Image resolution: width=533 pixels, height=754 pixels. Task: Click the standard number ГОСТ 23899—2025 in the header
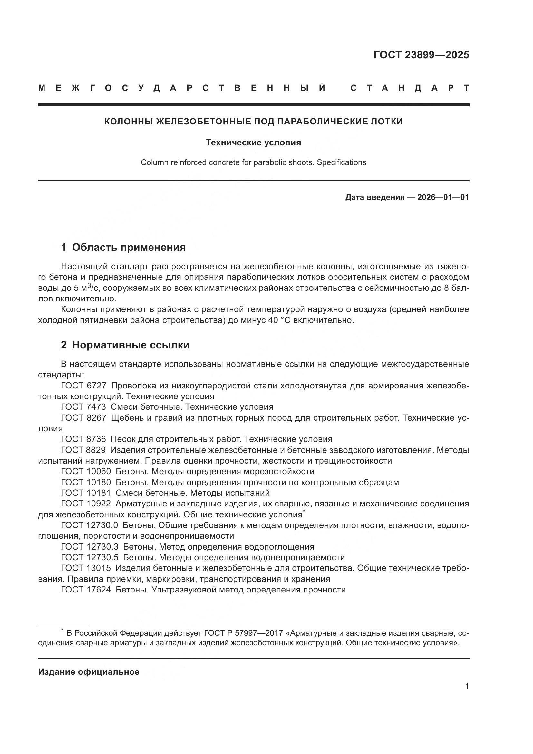click(x=421, y=55)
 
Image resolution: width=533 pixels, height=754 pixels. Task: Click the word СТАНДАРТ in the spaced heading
click(x=410, y=88)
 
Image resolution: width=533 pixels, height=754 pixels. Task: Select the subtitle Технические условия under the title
click(x=253, y=142)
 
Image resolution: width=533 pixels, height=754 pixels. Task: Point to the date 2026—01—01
click(x=443, y=197)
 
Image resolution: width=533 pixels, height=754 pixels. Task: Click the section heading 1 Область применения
click(x=123, y=247)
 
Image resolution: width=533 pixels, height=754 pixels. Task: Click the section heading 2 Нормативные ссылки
click(x=125, y=345)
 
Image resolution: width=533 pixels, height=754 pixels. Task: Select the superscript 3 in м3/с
click(x=89, y=285)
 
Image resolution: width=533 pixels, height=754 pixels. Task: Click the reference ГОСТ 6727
click(x=83, y=386)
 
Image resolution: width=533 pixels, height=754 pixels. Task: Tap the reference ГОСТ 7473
click(x=83, y=407)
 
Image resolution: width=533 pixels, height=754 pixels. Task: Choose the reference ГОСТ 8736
click(x=83, y=439)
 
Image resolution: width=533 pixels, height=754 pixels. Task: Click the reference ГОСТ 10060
click(x=86, y=472)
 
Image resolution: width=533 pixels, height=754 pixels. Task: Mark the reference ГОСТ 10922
click(x=86, y=504)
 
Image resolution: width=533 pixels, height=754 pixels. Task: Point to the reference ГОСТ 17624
click(x=86, y=590)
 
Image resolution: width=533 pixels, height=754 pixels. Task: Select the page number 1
click(x=467, y=692)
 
